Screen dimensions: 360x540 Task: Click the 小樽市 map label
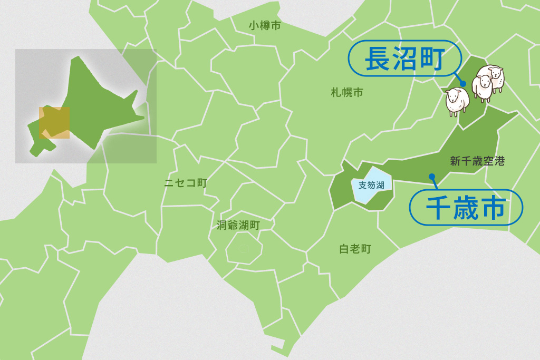[x=265, y=25]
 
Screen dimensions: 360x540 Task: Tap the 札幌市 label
[x=347, y=93]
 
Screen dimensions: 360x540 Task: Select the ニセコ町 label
[x=186, y=183]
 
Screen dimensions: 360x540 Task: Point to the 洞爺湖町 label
[x=238, y=225]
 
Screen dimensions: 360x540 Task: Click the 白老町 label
[x=355, y=249]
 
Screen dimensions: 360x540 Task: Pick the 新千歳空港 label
[x=477, y=161]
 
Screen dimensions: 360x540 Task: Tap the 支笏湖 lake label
[x=371, y=185]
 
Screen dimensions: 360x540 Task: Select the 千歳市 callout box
[x=466, y=208]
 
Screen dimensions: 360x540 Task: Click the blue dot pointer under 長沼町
[x=462, y=83]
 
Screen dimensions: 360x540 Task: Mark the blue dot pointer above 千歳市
[x=432, y=176]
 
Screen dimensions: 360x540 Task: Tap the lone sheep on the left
[x=457, y=101]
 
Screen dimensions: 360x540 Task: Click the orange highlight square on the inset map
[x=54, y=123]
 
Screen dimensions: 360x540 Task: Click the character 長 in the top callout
[x=378, y=59]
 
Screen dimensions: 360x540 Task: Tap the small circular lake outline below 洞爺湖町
[x=244, y=248]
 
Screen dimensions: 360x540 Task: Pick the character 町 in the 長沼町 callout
[x=431, y=59]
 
